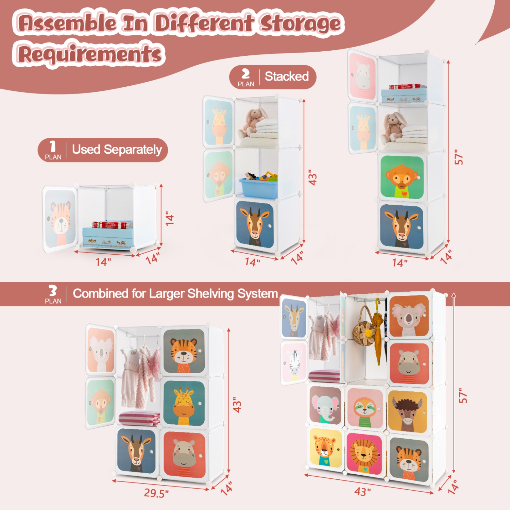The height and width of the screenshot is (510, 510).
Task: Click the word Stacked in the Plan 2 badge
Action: pyautogui.click(x=287, y=76)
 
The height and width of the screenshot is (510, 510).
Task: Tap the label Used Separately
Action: pyautogui.click(x=117, y=150)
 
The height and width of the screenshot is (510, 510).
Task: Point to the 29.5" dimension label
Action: pyautogui.click(x=156, y=493)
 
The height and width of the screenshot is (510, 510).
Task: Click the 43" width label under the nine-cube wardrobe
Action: pyautogui.click(x=362, y=492)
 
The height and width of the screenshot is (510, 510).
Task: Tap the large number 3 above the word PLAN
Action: pyautogui.click(x=53, y=291)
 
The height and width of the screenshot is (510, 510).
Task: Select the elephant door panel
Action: pyautogui.click(x=325, y=405)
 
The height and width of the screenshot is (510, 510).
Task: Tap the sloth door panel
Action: pyautogui.click(x=365, y=408)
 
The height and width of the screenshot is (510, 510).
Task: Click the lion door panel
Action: pyautogui.click(x=364, y=454)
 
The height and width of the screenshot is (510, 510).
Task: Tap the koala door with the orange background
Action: pyautogui.click(x=409, y=316)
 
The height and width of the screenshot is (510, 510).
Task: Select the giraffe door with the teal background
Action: pyautogui.click(x=184, y=403)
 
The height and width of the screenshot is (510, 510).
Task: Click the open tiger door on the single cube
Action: pyautogui.click(x=60, y=218)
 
